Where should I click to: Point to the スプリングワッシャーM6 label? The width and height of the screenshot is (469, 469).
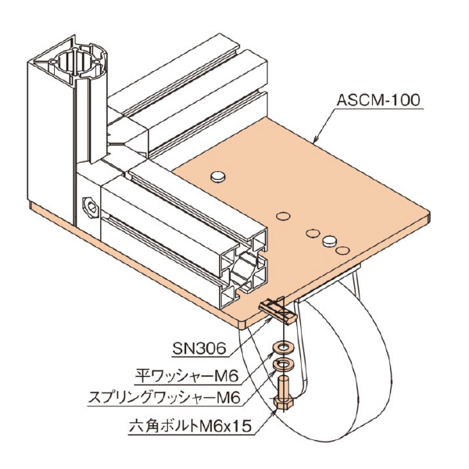coord(162,398)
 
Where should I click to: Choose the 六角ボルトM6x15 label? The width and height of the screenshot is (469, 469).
coord(187,428)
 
